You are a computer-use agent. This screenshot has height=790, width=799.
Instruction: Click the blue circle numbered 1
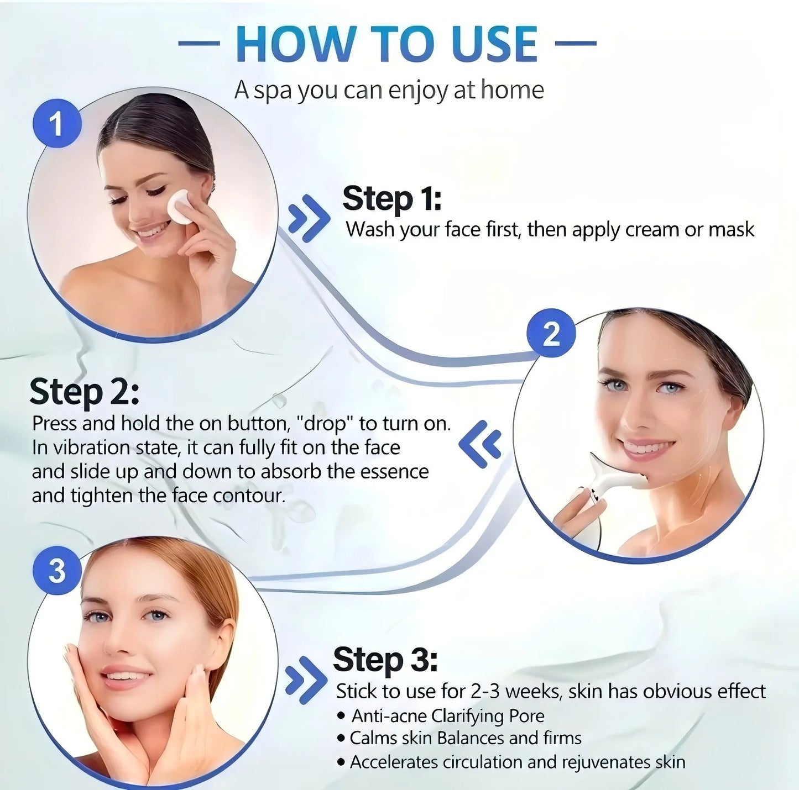tap(56, 123)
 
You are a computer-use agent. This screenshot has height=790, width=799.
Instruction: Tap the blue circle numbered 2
tap(551, 333)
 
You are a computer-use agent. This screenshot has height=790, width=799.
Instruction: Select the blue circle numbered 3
tap(57, 570)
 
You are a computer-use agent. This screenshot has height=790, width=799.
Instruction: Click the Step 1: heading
tap(391, 198)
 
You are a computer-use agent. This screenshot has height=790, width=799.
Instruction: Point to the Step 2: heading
tap(84, 392)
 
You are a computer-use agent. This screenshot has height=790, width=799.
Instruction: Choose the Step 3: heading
tap(385, 660)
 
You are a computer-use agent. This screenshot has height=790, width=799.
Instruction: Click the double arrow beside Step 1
tap(309, 218)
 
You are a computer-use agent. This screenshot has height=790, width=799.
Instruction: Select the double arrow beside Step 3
tap(305, 680)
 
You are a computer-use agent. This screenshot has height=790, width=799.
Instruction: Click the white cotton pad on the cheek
tap(181, 207)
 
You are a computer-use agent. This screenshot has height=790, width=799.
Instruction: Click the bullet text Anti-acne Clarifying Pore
tap(447, 716)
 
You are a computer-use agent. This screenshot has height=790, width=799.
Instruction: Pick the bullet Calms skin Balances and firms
tap(465, 738)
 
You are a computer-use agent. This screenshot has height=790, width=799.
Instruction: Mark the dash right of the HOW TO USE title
tap(575, 43)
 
